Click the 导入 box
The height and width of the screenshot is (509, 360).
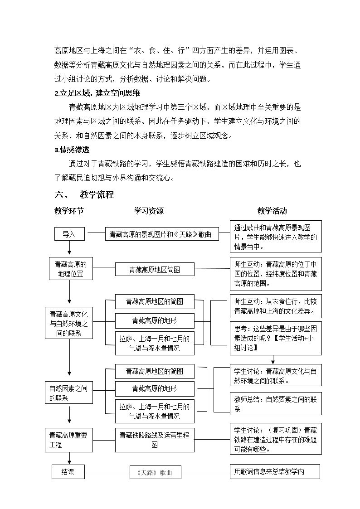(69, 234)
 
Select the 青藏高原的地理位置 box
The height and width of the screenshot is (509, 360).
(71, 268)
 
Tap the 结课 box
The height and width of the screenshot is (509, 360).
(68, 472)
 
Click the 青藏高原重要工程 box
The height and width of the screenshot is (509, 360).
(69, 440)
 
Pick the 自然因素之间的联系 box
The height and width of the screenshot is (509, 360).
(69, 393)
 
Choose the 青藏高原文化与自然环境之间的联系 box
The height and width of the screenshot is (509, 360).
(69, 323)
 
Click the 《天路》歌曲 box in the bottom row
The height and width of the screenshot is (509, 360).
(155, 472)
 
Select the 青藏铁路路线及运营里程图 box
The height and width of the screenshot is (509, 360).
(155, 440)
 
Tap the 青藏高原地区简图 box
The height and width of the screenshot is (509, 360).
(155, 269)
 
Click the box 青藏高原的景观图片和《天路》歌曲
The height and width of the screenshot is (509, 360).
(162, 234)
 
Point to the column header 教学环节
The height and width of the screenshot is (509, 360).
(69, 211)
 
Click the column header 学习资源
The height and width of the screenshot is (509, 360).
(149, 211)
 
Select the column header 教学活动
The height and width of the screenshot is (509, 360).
(272, 211)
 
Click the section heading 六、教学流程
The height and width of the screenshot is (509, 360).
(84, 195)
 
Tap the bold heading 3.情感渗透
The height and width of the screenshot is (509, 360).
(72, 150)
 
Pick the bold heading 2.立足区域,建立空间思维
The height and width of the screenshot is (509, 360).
(97, 93)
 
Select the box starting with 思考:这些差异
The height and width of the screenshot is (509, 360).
(276, 339)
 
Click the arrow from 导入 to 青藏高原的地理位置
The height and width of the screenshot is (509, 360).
(69, 247)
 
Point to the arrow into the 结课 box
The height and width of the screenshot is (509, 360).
(69, 458)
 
